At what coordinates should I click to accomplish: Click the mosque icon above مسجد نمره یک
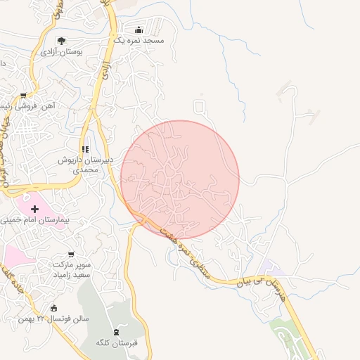coord(139,30)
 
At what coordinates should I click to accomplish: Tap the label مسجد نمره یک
coord(139,41)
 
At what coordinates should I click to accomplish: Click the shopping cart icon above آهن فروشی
coord(23,96)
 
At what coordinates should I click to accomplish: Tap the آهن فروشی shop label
coord(35,106)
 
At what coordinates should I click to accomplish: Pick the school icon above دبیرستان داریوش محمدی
coord(85,149)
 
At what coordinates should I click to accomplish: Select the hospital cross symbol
coord(35,209)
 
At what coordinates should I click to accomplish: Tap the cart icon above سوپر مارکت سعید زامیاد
coord(70,254)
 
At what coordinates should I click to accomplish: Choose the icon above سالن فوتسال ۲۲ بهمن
coord(54,307)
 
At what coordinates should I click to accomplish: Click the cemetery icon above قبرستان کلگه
coord(116,331)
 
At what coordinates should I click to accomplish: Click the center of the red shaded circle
coord(180,179)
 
